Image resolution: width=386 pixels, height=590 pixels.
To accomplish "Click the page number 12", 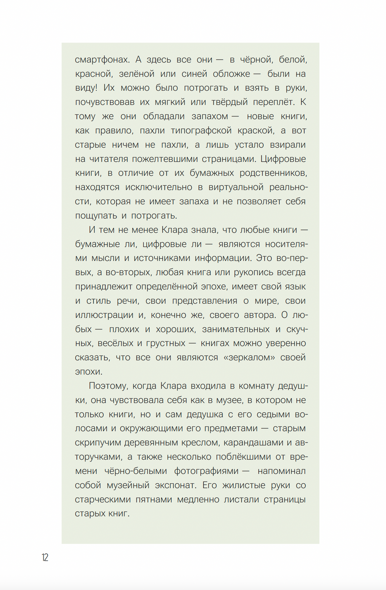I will click(45, 557).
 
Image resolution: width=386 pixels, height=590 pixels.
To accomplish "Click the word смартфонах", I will click(102, 60).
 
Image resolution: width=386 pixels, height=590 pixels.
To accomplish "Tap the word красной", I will click(93, 74).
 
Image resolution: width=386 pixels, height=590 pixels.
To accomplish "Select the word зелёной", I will click(137, 74).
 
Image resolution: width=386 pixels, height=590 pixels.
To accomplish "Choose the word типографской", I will click(201, 131).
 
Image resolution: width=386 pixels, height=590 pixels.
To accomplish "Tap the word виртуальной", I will click(236, 187).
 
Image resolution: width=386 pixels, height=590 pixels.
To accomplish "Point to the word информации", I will click(222, 258).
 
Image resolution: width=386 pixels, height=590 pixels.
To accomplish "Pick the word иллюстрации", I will click(104, 315).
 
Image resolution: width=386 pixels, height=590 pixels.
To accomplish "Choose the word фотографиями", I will click(206, 471).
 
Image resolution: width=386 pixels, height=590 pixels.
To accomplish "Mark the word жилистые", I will click(244, 486).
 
